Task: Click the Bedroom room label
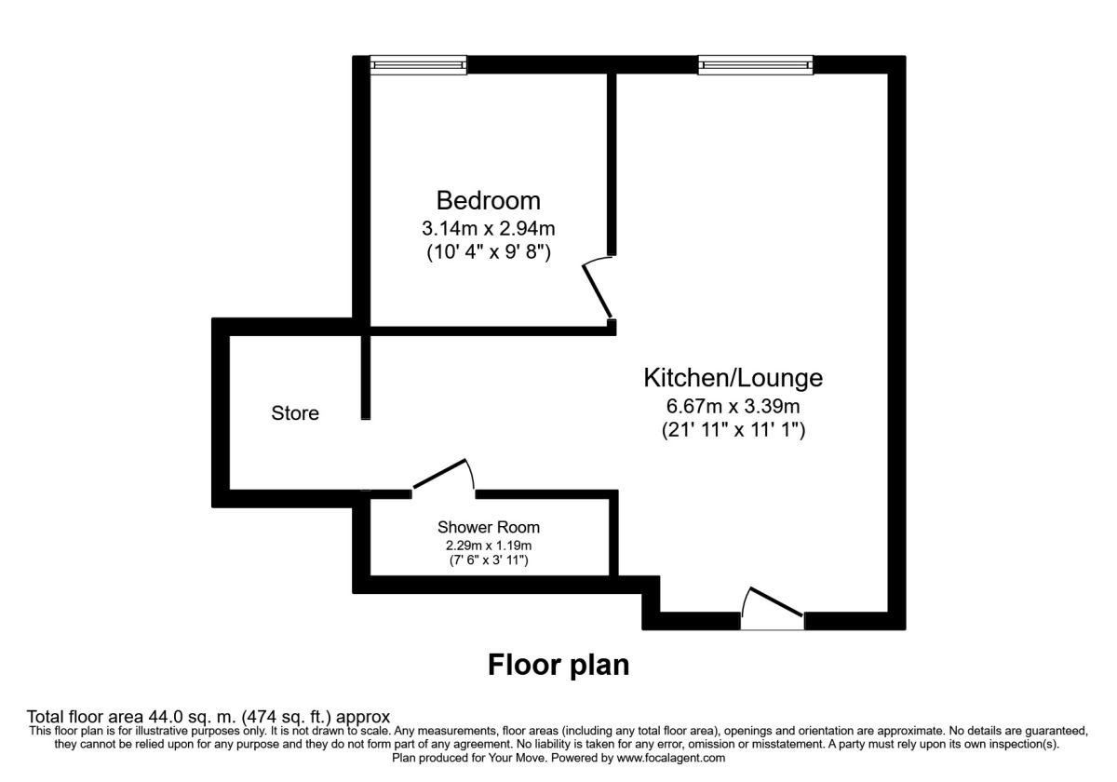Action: [489, 200]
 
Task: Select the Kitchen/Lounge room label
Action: [733, 378]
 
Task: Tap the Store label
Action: [295, 413]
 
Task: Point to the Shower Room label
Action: [489, 528]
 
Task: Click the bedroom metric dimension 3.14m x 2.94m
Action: [489, 227]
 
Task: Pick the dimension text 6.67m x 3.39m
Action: [733, 406]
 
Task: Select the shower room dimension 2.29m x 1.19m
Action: [489, 546]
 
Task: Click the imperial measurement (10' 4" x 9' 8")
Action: [489, 251]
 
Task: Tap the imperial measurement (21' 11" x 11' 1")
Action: [733, 430]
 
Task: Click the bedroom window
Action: [418, 65]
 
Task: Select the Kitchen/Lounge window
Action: [756, 65]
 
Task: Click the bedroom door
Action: [599, 290]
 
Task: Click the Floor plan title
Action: [558, 666]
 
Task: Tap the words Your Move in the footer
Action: [526, 759]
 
